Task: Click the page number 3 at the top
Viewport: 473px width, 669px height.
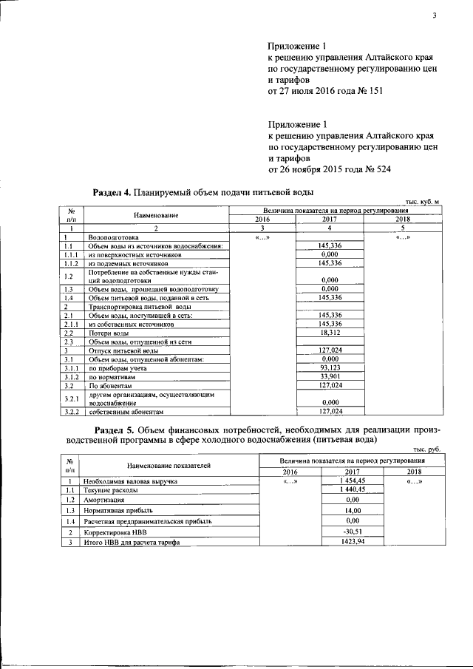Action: (x=436, y=16)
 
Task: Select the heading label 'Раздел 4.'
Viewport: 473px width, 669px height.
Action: (x=112, y=192)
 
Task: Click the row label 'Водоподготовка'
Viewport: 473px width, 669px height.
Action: (x=112, y=237)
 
